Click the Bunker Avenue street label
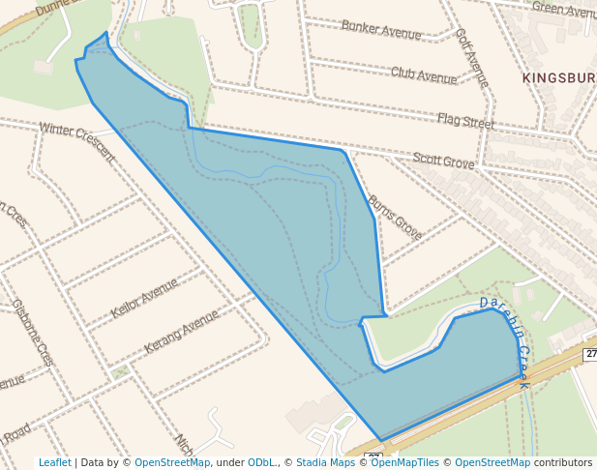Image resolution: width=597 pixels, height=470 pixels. click(381, 29)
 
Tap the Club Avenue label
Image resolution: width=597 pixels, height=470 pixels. click(423, 74)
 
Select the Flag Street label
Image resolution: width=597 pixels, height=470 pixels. click(465, 122)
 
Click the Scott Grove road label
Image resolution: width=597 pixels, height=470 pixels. click(443, 161)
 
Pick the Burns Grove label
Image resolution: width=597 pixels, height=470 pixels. click(395, 217)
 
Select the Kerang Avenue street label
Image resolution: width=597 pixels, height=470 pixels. click(182, 331)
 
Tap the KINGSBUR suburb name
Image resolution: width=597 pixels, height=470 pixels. click(558, 77)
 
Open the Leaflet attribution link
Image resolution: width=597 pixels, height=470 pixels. click(54, 463)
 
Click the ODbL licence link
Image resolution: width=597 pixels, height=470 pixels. click(262, 463)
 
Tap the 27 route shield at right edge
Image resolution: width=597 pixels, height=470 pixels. click(590, 355)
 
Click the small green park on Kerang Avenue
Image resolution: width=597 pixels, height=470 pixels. click(119, 371)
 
